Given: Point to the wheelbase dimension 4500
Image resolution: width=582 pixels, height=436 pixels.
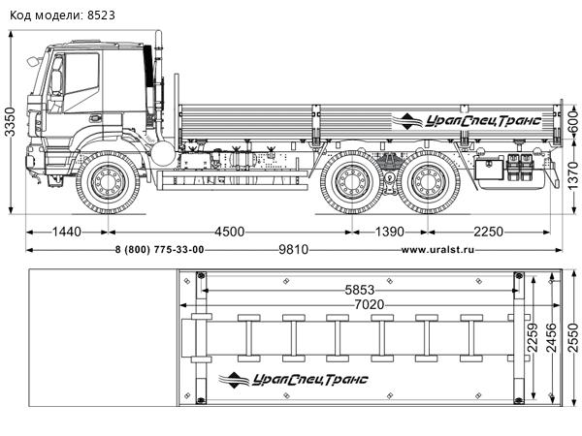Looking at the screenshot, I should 229,231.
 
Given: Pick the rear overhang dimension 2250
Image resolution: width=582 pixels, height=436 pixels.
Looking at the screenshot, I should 495,231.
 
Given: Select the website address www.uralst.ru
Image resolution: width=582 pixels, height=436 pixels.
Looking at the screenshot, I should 436,250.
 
